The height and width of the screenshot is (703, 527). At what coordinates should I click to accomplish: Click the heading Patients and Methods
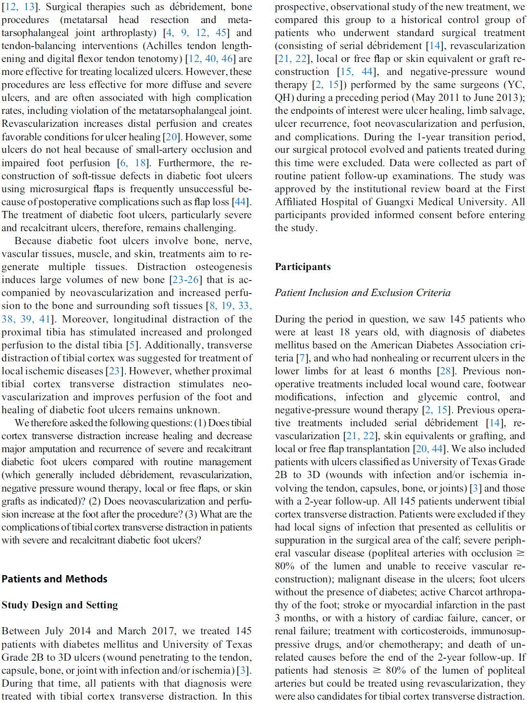coord(54,579)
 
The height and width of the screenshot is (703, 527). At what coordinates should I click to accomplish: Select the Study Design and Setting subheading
coord(60,605)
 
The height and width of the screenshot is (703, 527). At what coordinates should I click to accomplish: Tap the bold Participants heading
coord(303,267)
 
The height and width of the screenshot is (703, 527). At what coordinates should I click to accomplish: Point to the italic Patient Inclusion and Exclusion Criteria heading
coord(363,293)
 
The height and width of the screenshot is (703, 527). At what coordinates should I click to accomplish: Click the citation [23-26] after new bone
coord(186,280)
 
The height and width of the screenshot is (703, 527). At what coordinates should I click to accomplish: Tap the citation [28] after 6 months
coord(445,371)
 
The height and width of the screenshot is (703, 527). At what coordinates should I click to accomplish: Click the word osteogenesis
coord(223,267)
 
